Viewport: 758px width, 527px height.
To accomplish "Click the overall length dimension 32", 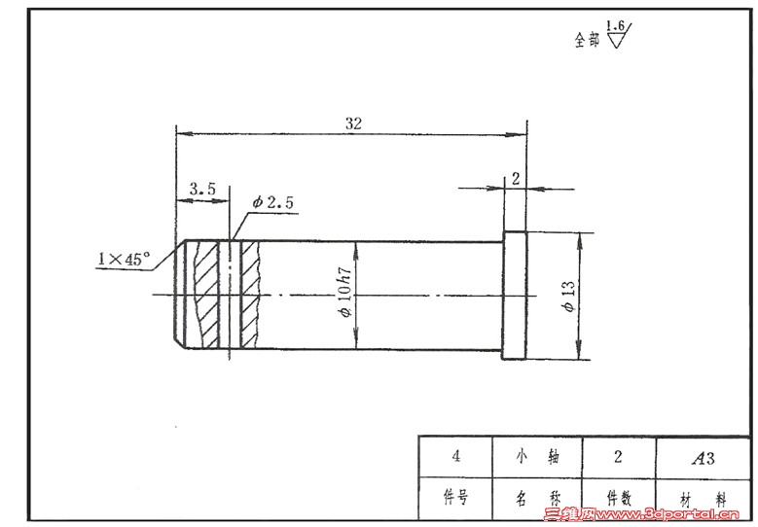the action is click(x=353, y=123).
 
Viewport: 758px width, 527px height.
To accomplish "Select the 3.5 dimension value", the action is click(x=202, y=189).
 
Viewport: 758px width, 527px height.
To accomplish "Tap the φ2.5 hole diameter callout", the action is click(x=272, y=202).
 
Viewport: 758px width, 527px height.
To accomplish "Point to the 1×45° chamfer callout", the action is click(x=124, y=259).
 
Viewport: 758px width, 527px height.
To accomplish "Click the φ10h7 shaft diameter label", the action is click(x=345, y=293).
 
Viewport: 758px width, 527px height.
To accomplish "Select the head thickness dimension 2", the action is click(x=516, y=179).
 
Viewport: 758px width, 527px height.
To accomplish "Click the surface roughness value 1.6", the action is click(x=615, y=25).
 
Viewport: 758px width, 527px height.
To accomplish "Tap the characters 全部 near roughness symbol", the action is click(x=587, y=40).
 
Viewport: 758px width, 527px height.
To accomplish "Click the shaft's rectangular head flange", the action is click(x=515, y=296).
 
